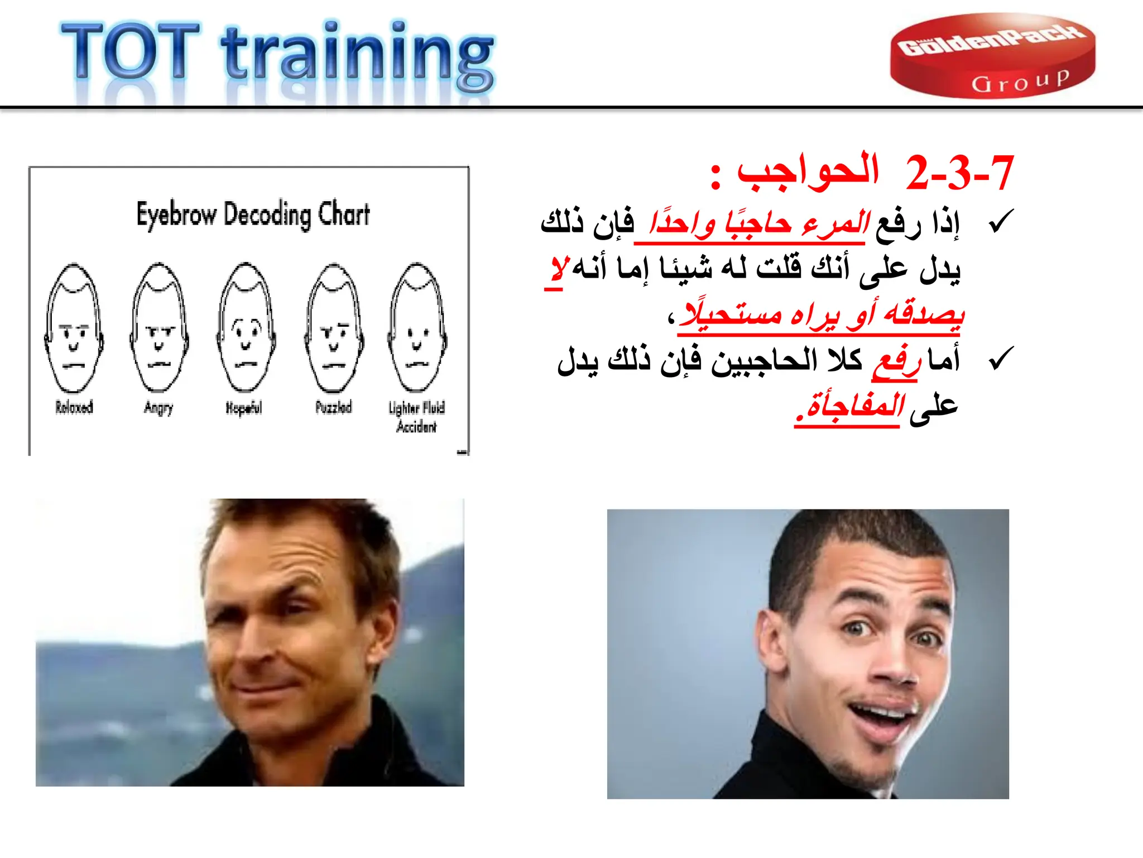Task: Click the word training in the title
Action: click(x=357, y=56)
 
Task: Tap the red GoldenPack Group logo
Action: click(x=992, y=56)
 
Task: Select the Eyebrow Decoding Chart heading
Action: click(x=253, y=214)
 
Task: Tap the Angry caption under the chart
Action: click(x=159, y=408)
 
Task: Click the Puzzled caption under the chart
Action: click(x=334, y=407)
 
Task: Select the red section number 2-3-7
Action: click(x=959, y=173)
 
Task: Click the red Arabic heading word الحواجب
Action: click(x=808, y=171)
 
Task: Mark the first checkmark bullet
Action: click(x=1000, y=222)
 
